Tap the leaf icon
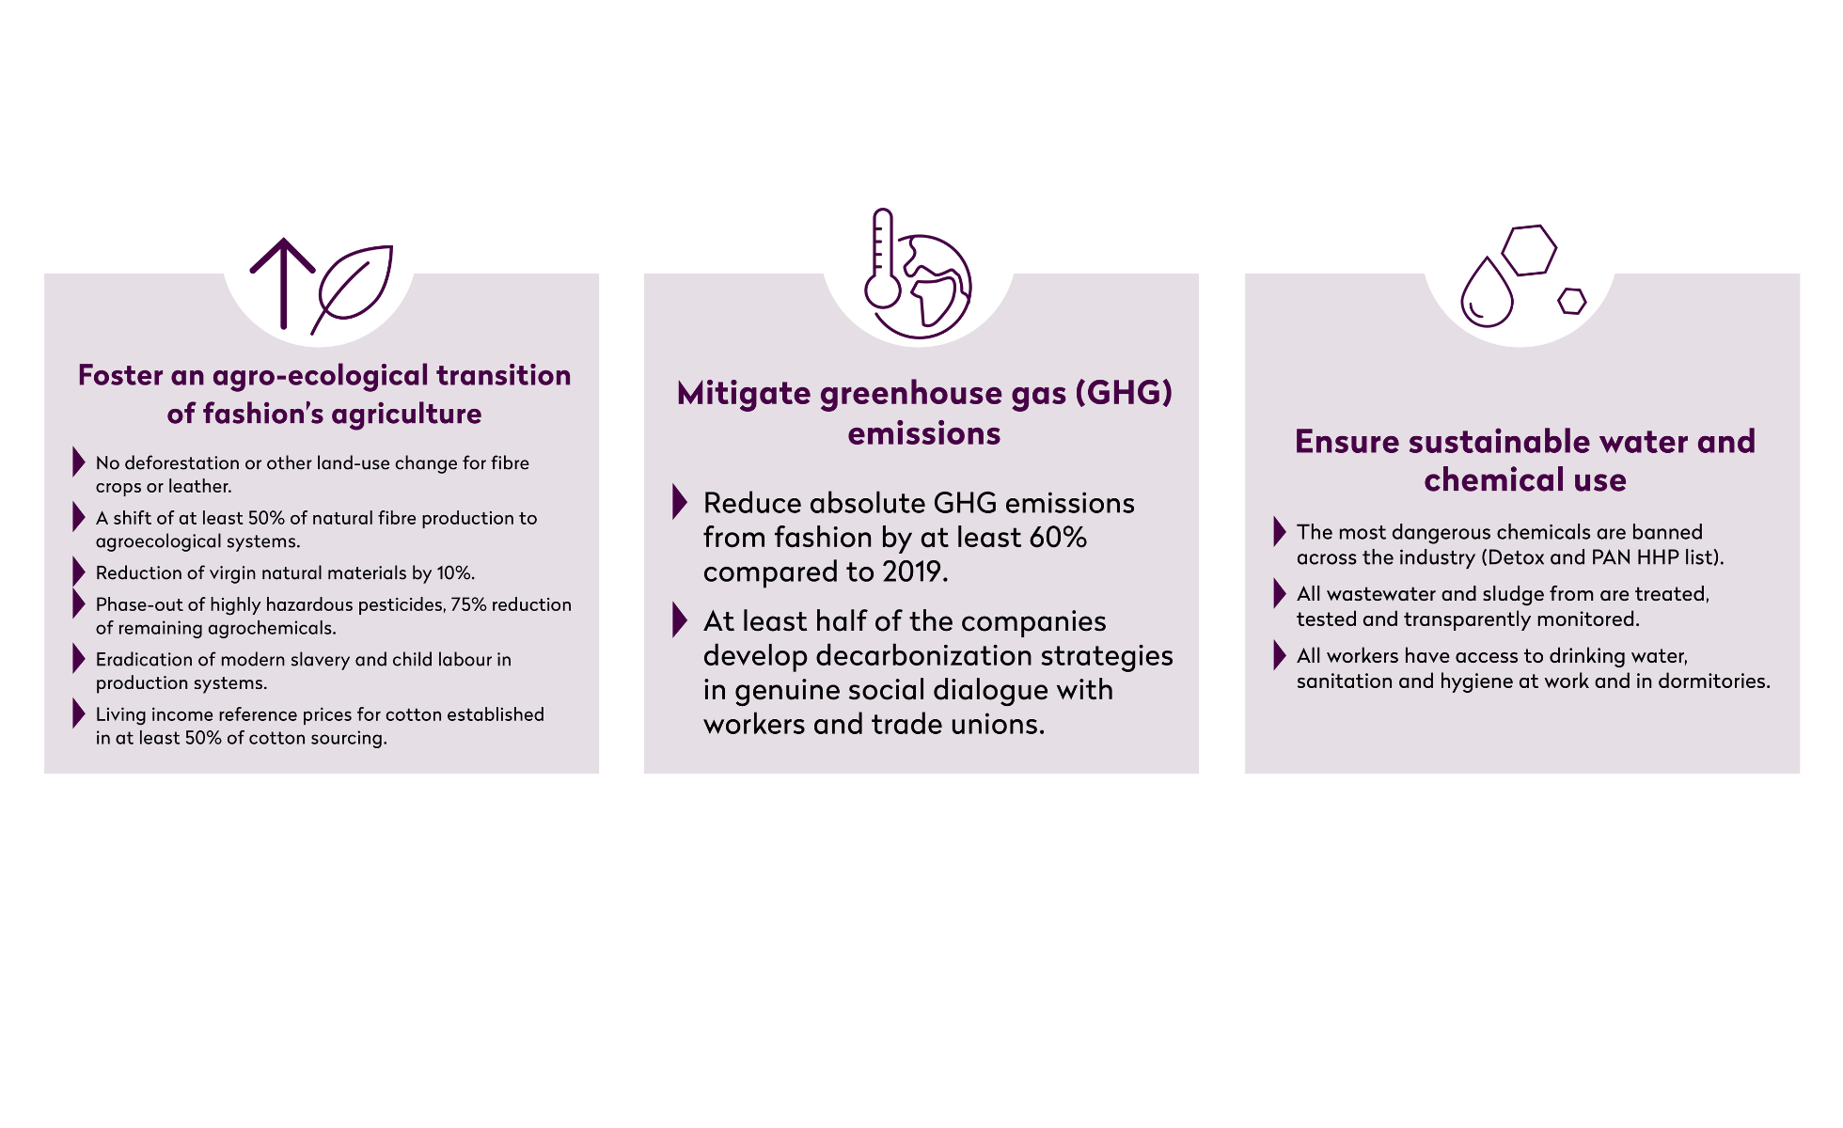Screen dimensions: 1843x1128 tap(353, 289)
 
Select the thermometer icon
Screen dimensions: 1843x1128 tap(883, 258)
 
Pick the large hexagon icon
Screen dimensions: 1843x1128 tap(1529, 250)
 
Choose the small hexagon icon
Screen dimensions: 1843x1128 tap(1572, 301)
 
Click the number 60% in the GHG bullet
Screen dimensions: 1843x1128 tap(1058, 537)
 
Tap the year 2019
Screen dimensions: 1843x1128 tap(913, 572)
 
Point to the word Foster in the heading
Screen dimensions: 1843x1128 tap(121, 375)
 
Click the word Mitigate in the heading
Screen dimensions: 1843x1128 tap(744, 394)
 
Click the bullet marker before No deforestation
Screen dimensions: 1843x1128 tap(79, 462)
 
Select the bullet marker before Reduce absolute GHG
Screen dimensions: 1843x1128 tap(680, 502)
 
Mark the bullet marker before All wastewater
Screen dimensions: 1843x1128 tap(1280, 593)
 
